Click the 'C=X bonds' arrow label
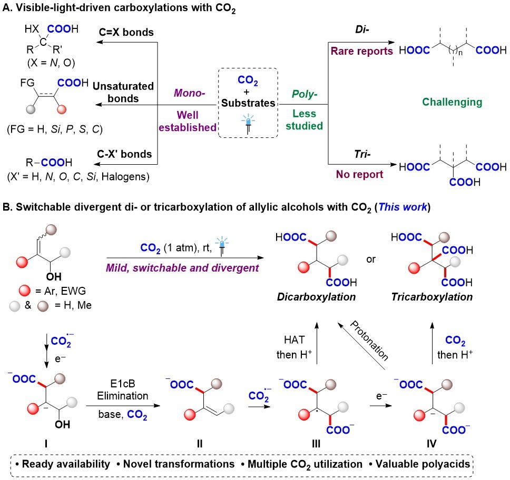(126, 32)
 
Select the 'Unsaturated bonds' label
(126, 92)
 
